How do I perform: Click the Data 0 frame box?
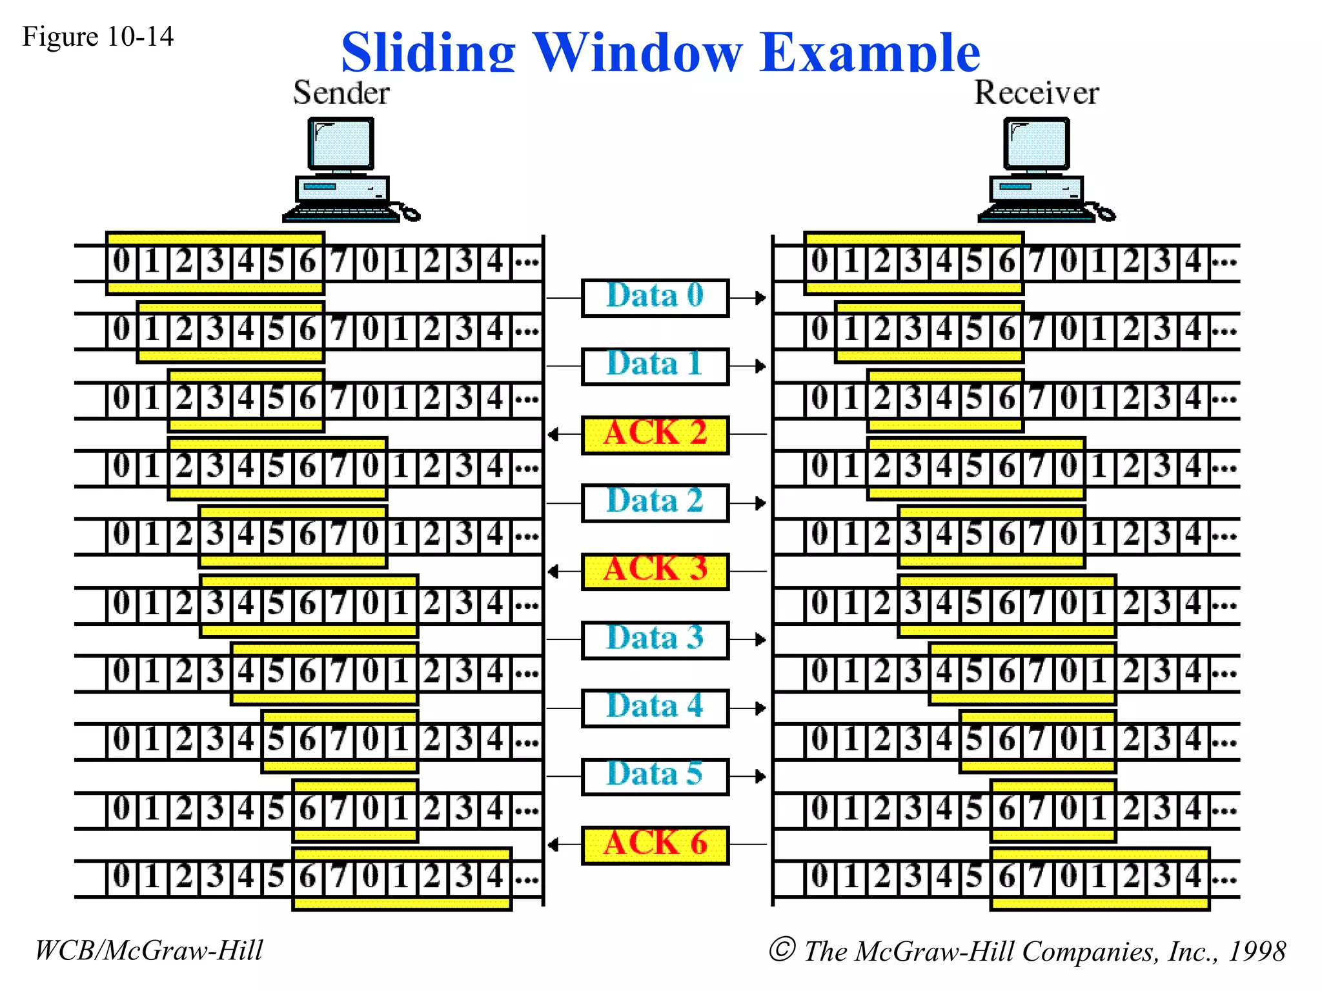[655, 298]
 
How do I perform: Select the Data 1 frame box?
[655, 366]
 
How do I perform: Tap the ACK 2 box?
[655, 435]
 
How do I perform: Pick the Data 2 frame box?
[655, 503]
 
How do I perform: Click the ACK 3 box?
[655, 572]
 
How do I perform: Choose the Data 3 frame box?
[655, 640]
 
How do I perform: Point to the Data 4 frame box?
[655, 708]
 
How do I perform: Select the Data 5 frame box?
[655, 777]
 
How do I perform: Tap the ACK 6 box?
[655, 845]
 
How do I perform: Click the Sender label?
[341, 93]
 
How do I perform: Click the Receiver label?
[1036, 93]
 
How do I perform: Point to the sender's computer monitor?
[341, 143]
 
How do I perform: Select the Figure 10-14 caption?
[97, 36]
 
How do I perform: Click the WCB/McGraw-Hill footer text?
[148, 950]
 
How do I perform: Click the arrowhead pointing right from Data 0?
[761, 298]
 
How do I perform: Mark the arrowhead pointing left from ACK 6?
[553, 845]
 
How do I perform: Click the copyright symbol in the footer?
[782, 949]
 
